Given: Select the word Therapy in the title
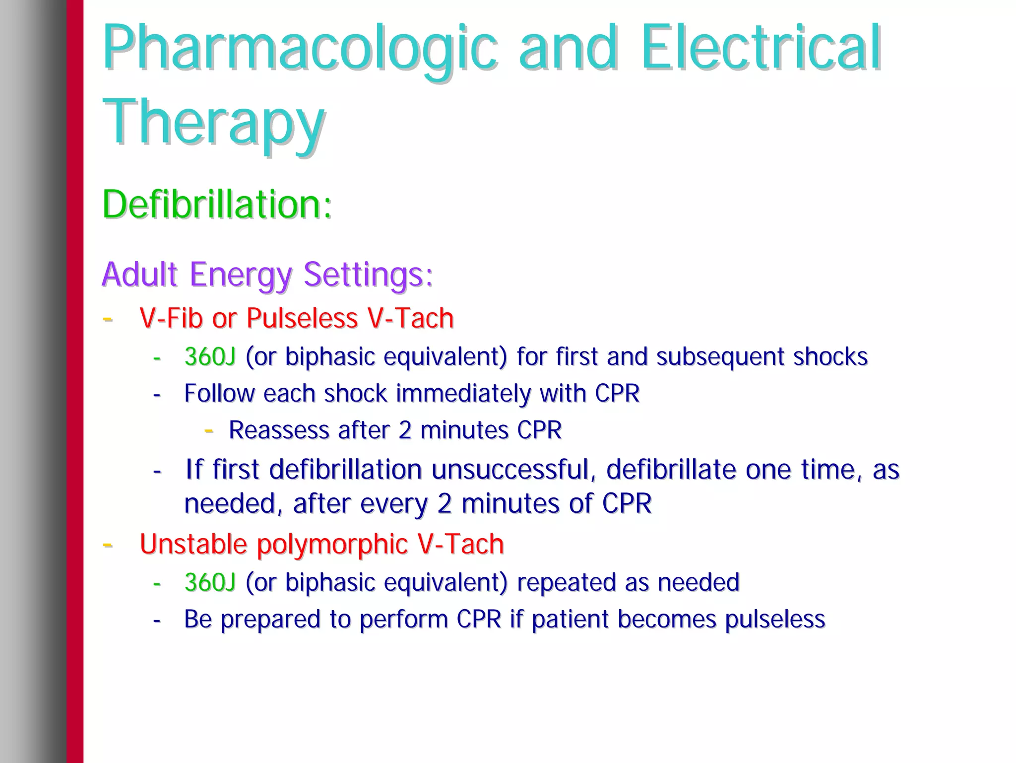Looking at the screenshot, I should (213, 123).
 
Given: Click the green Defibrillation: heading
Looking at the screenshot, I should (217, 205).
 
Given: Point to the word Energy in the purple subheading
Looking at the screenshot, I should (241, 275).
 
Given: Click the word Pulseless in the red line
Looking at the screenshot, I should (302, 318).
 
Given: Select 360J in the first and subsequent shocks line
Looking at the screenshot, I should (210, 356).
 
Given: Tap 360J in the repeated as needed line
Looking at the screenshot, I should (210, 582).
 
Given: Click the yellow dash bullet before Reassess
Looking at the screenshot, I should (209, 430).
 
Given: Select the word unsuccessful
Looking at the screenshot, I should (513, 470).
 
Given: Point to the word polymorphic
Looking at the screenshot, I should (332, 544).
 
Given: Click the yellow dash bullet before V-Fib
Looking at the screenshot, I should (107, 319).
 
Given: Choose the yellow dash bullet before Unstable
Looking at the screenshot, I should (107, 545).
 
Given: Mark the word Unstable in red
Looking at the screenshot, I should (193, 544).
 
